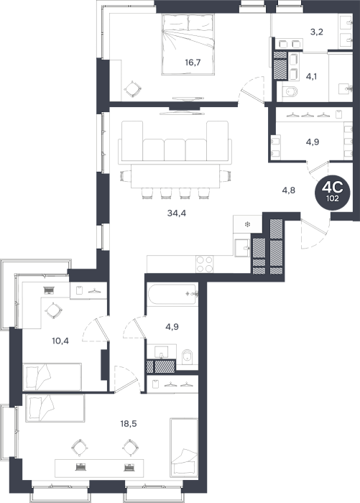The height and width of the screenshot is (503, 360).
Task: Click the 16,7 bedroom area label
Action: coord(193,63)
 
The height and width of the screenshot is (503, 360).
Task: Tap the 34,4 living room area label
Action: coord(177,213)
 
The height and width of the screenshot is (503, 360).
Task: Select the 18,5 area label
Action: coord(129,424)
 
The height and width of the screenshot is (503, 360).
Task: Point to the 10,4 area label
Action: coord(60,341)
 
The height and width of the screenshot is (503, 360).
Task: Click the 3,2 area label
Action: coord(316,32)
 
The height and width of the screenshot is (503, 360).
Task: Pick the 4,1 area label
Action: coord(312,76)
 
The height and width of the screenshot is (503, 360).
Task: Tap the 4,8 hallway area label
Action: coord(288,190)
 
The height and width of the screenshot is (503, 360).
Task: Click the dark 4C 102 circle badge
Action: coord(333,191)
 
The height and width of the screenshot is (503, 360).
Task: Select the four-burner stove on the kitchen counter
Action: coord(204,264)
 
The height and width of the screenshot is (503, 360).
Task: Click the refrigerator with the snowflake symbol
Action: coord(248,223)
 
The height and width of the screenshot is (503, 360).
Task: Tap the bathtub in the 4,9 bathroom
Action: coord(172,294)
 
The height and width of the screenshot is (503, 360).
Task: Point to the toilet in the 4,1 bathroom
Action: coord(290,92)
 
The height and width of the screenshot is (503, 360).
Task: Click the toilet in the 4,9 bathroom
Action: coord(187,357)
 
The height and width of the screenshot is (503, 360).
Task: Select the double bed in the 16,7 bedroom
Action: coord(188,45)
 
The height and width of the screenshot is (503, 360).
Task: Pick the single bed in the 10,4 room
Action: coord(52,377)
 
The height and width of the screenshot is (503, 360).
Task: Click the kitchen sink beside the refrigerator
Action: coord(242,248)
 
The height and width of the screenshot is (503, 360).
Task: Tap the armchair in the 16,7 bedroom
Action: coord(132,90)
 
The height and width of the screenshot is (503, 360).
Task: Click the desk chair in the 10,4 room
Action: coord(54,311)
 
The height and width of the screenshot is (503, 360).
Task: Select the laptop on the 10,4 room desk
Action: coord(49,290)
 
